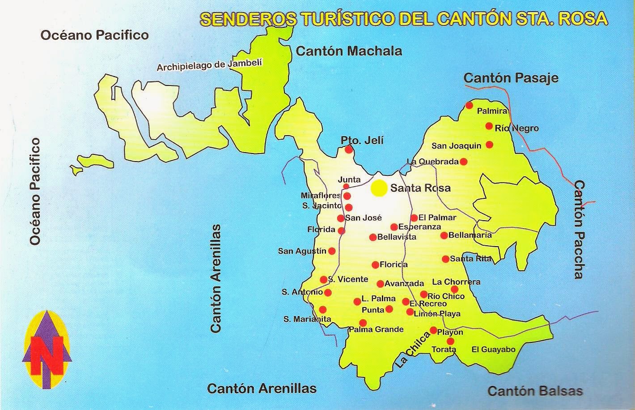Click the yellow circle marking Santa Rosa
(x=379, y=188)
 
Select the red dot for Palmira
(x=469, y=105)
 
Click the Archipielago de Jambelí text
(x=209, y=65)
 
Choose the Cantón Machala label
(x=349, y=51)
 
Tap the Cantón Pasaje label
(x=511, y=78)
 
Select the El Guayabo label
(x=494, y=350)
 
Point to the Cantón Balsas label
(x=535, y=391)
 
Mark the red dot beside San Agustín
(x=332, y=251)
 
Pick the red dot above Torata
(x=450, y=341)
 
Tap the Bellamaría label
(x=470, y=235)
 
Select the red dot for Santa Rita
(x=445, y=259)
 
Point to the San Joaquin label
(x=456, y=145)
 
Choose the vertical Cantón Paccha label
(x=579, y=229)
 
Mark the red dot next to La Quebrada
(x=464, y=161)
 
